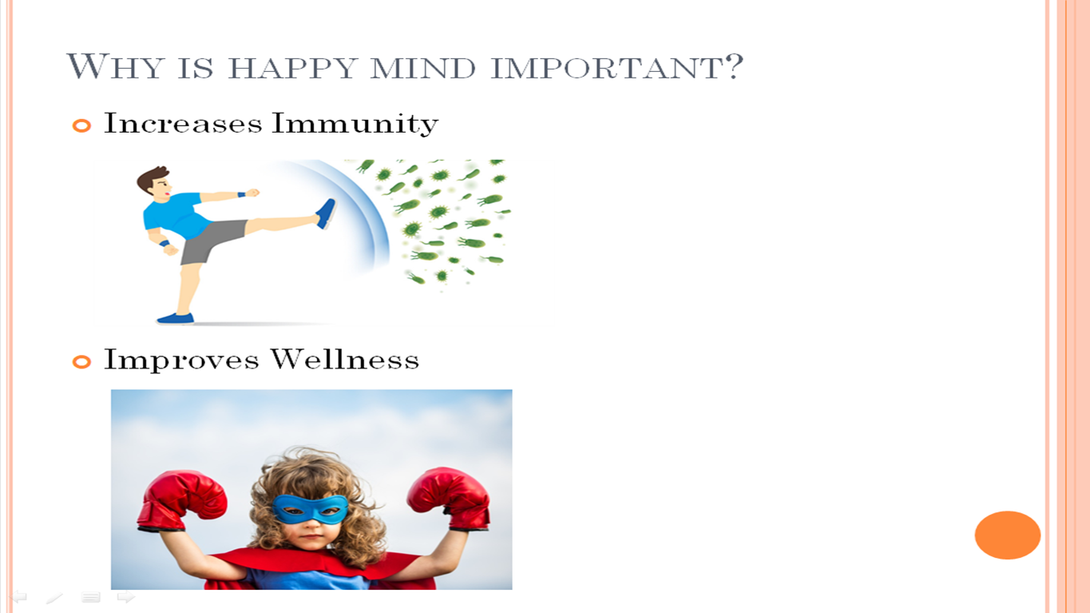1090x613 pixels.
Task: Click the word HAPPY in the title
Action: tap(293, 68)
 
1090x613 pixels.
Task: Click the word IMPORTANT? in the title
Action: tap(617, 66)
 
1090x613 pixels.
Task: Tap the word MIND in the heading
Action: tap(422, 68)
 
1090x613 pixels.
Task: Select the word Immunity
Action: tap(355, 123)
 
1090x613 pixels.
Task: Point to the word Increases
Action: tap(183, 123)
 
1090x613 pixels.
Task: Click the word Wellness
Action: tap(344, 360)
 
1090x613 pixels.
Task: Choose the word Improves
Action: tap(181, 360)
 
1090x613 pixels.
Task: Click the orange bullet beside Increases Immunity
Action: tap(81, 125)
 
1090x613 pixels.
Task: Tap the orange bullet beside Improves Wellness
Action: tap(81, 362)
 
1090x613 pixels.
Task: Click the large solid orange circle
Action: tap(1007, 535)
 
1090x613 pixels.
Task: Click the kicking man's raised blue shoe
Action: tap(326, 213)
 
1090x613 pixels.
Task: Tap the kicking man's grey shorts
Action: tap(212, 240)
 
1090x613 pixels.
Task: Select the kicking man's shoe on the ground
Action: tap(175, 318)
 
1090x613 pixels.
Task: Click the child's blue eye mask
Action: tap(310, 508)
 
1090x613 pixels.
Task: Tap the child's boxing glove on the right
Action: tap(448, 498)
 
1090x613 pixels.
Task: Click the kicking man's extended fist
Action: tap(252, 193)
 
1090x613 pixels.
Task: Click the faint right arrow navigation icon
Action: tap(126, 597)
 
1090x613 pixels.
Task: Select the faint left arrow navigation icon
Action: tap(18, 597)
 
